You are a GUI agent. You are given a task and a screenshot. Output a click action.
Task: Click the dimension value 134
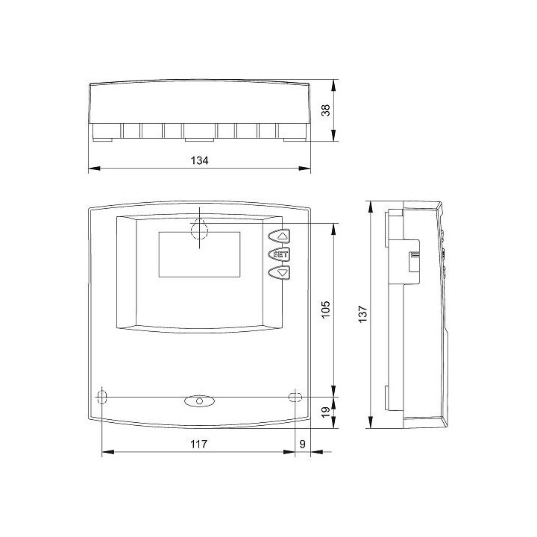199,160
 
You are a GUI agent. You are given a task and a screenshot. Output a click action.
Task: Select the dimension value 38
326,110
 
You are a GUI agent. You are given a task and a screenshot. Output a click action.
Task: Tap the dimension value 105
326,310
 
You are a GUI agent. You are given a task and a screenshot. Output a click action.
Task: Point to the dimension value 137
362,313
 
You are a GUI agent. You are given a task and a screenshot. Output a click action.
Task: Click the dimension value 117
198,444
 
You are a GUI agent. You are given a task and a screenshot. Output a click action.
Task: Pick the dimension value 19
326,411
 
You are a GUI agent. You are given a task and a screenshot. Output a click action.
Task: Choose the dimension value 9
302,444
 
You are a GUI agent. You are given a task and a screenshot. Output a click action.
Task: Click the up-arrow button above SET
279,236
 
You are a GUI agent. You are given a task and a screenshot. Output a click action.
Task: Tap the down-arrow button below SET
279,273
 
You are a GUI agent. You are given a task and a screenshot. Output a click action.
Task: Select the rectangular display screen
199,254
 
